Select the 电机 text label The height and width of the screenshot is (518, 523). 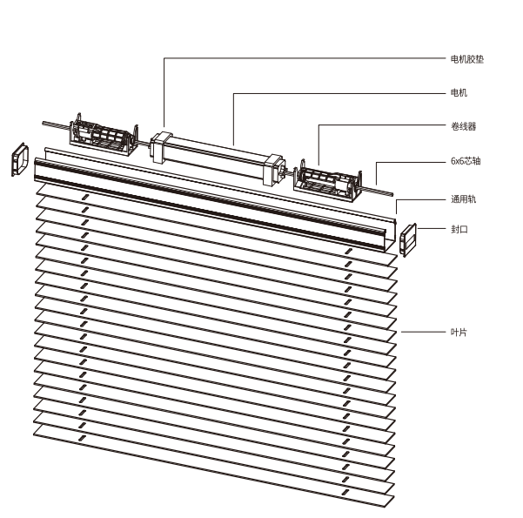(459, 92)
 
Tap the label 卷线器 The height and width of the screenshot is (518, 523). (463, 127)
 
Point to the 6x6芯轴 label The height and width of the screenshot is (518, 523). (466, 162)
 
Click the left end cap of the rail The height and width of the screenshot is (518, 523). (20, 159)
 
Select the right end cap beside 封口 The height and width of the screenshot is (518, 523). (409, 239)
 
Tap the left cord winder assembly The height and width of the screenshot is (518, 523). (103, 136)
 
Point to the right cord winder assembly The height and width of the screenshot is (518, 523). (327, 181)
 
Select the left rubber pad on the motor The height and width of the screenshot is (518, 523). (160, 145)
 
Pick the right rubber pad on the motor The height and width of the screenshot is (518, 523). (273, 169)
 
